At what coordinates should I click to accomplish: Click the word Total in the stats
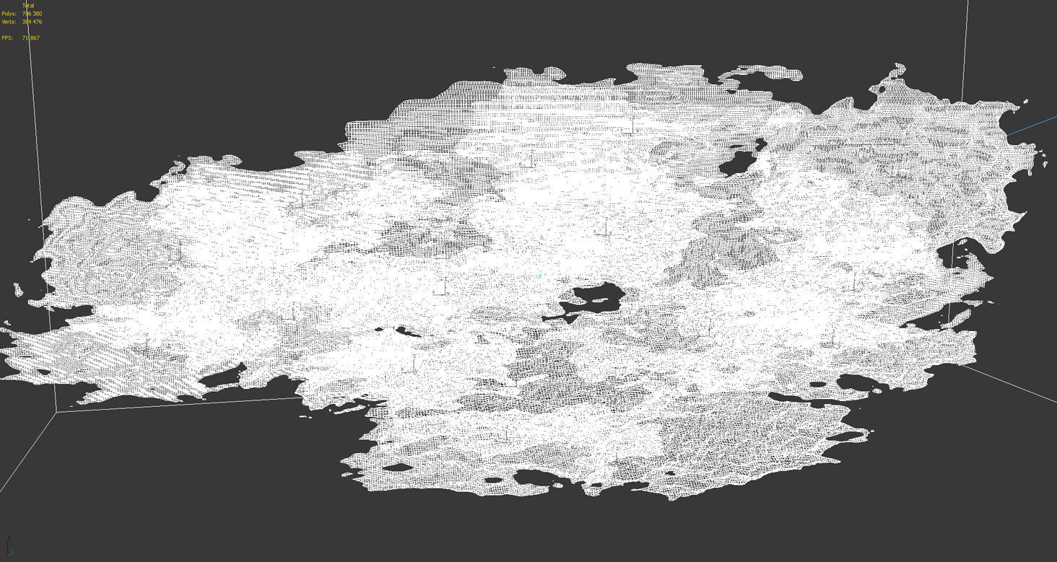[28, 6]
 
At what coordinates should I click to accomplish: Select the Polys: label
[9, 14]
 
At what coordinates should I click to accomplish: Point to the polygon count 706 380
[32, 14]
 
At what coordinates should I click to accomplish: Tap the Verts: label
[9, 22]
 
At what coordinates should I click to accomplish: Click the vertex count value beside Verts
[32, 22]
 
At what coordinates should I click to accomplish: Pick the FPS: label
[7, 38]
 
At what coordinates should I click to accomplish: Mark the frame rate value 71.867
[30, 38]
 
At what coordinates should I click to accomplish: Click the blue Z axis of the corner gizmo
[9, 543]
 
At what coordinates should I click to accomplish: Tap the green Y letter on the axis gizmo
[12, 552]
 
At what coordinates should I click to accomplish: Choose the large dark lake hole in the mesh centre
[596, 297]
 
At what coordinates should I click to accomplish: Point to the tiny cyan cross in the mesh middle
[540, 275]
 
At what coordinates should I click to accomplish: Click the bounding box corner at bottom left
[56, 412]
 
